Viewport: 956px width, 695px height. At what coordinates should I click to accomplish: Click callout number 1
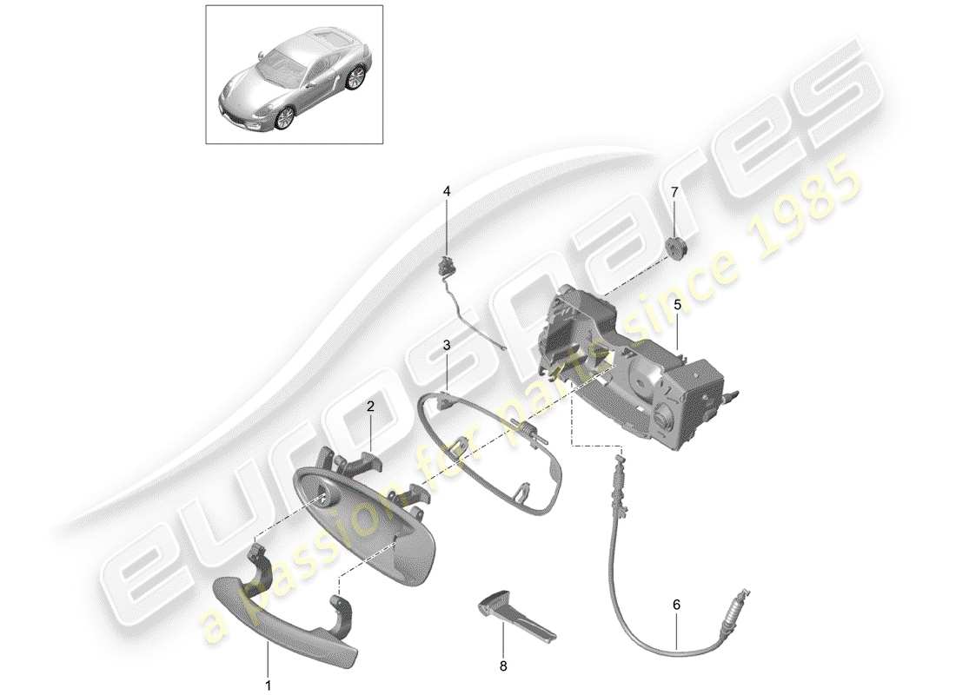click(x=268, y=685)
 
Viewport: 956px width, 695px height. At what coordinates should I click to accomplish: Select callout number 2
click(x=369, y=406)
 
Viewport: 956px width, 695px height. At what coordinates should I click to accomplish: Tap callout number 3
click(x=446, y=345)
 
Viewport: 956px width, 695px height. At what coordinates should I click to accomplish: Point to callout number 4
click(x=448, y=190)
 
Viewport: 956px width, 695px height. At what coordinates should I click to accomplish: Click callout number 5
click(x=677, y=305)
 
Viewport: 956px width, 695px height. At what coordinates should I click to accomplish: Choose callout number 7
click(x=674, y=190)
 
